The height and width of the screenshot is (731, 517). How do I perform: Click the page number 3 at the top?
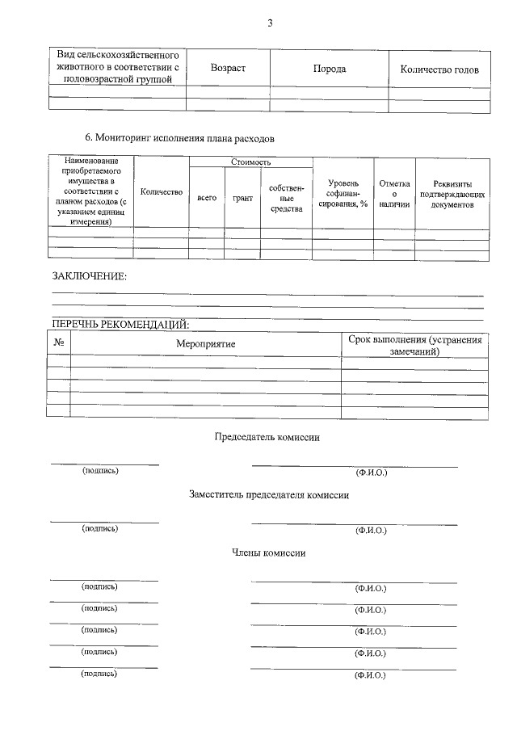coord(270,23)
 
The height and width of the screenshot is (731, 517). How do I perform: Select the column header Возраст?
coord(228,69)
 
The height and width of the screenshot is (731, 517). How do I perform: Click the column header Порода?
coord(330,69)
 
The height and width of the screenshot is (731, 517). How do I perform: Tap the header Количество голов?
coord(439,69)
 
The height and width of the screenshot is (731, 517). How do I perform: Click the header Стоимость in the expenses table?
coord(250,162)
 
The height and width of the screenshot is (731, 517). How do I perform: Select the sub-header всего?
coord(207,198)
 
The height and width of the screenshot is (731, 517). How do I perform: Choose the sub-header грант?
coord(242,198)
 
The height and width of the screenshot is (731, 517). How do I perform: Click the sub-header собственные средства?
coord(286,198)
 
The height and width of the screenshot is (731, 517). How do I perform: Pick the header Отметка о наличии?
coord(394,194)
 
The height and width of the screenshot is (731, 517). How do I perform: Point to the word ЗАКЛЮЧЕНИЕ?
coord(90,276)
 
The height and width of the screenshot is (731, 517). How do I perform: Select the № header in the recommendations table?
coord(59,342)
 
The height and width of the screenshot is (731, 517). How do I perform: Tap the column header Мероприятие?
coord(206,344)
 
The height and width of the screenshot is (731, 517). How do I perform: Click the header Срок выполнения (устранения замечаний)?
coord(415,345)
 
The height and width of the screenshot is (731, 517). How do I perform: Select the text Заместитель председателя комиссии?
coord(268,495)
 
